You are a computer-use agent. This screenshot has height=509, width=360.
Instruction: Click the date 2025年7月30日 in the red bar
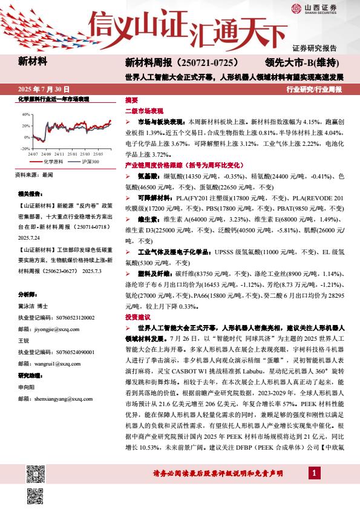(44, 89)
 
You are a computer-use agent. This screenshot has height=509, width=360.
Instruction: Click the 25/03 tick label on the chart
(88, 154)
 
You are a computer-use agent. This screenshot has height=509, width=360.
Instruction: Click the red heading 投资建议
(137, 317)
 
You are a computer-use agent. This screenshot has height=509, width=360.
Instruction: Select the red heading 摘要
(131, 100)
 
